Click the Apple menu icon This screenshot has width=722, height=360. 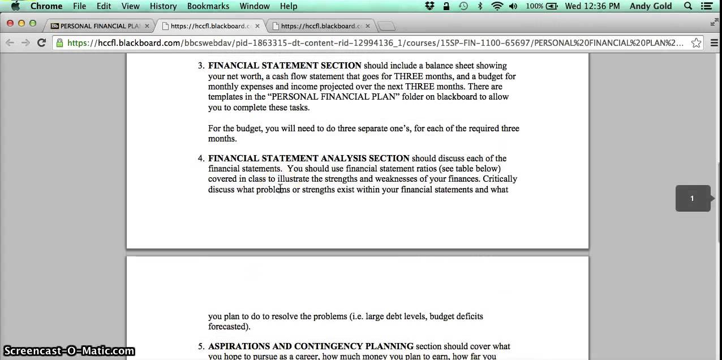point(15,6)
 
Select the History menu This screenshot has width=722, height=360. point(164,6)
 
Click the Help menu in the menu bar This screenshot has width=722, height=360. point(289,6)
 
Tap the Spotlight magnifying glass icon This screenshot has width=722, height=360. point(688,6)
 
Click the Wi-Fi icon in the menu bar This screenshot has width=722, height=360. point(497,6)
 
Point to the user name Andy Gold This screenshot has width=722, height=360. point(651,6)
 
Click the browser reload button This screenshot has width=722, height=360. point(41,42)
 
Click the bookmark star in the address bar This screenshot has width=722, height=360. point(697,42)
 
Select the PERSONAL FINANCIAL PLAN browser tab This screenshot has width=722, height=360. point(99,26)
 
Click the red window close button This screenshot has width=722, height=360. point(11,23)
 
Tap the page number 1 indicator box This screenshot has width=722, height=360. point(692,198)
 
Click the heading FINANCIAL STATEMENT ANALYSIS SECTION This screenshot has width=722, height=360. point(309,158)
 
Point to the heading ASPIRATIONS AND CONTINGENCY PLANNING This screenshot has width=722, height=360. point(311,346)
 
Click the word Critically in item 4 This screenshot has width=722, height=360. point(500,179)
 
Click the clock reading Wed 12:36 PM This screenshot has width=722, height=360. point(592,6)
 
